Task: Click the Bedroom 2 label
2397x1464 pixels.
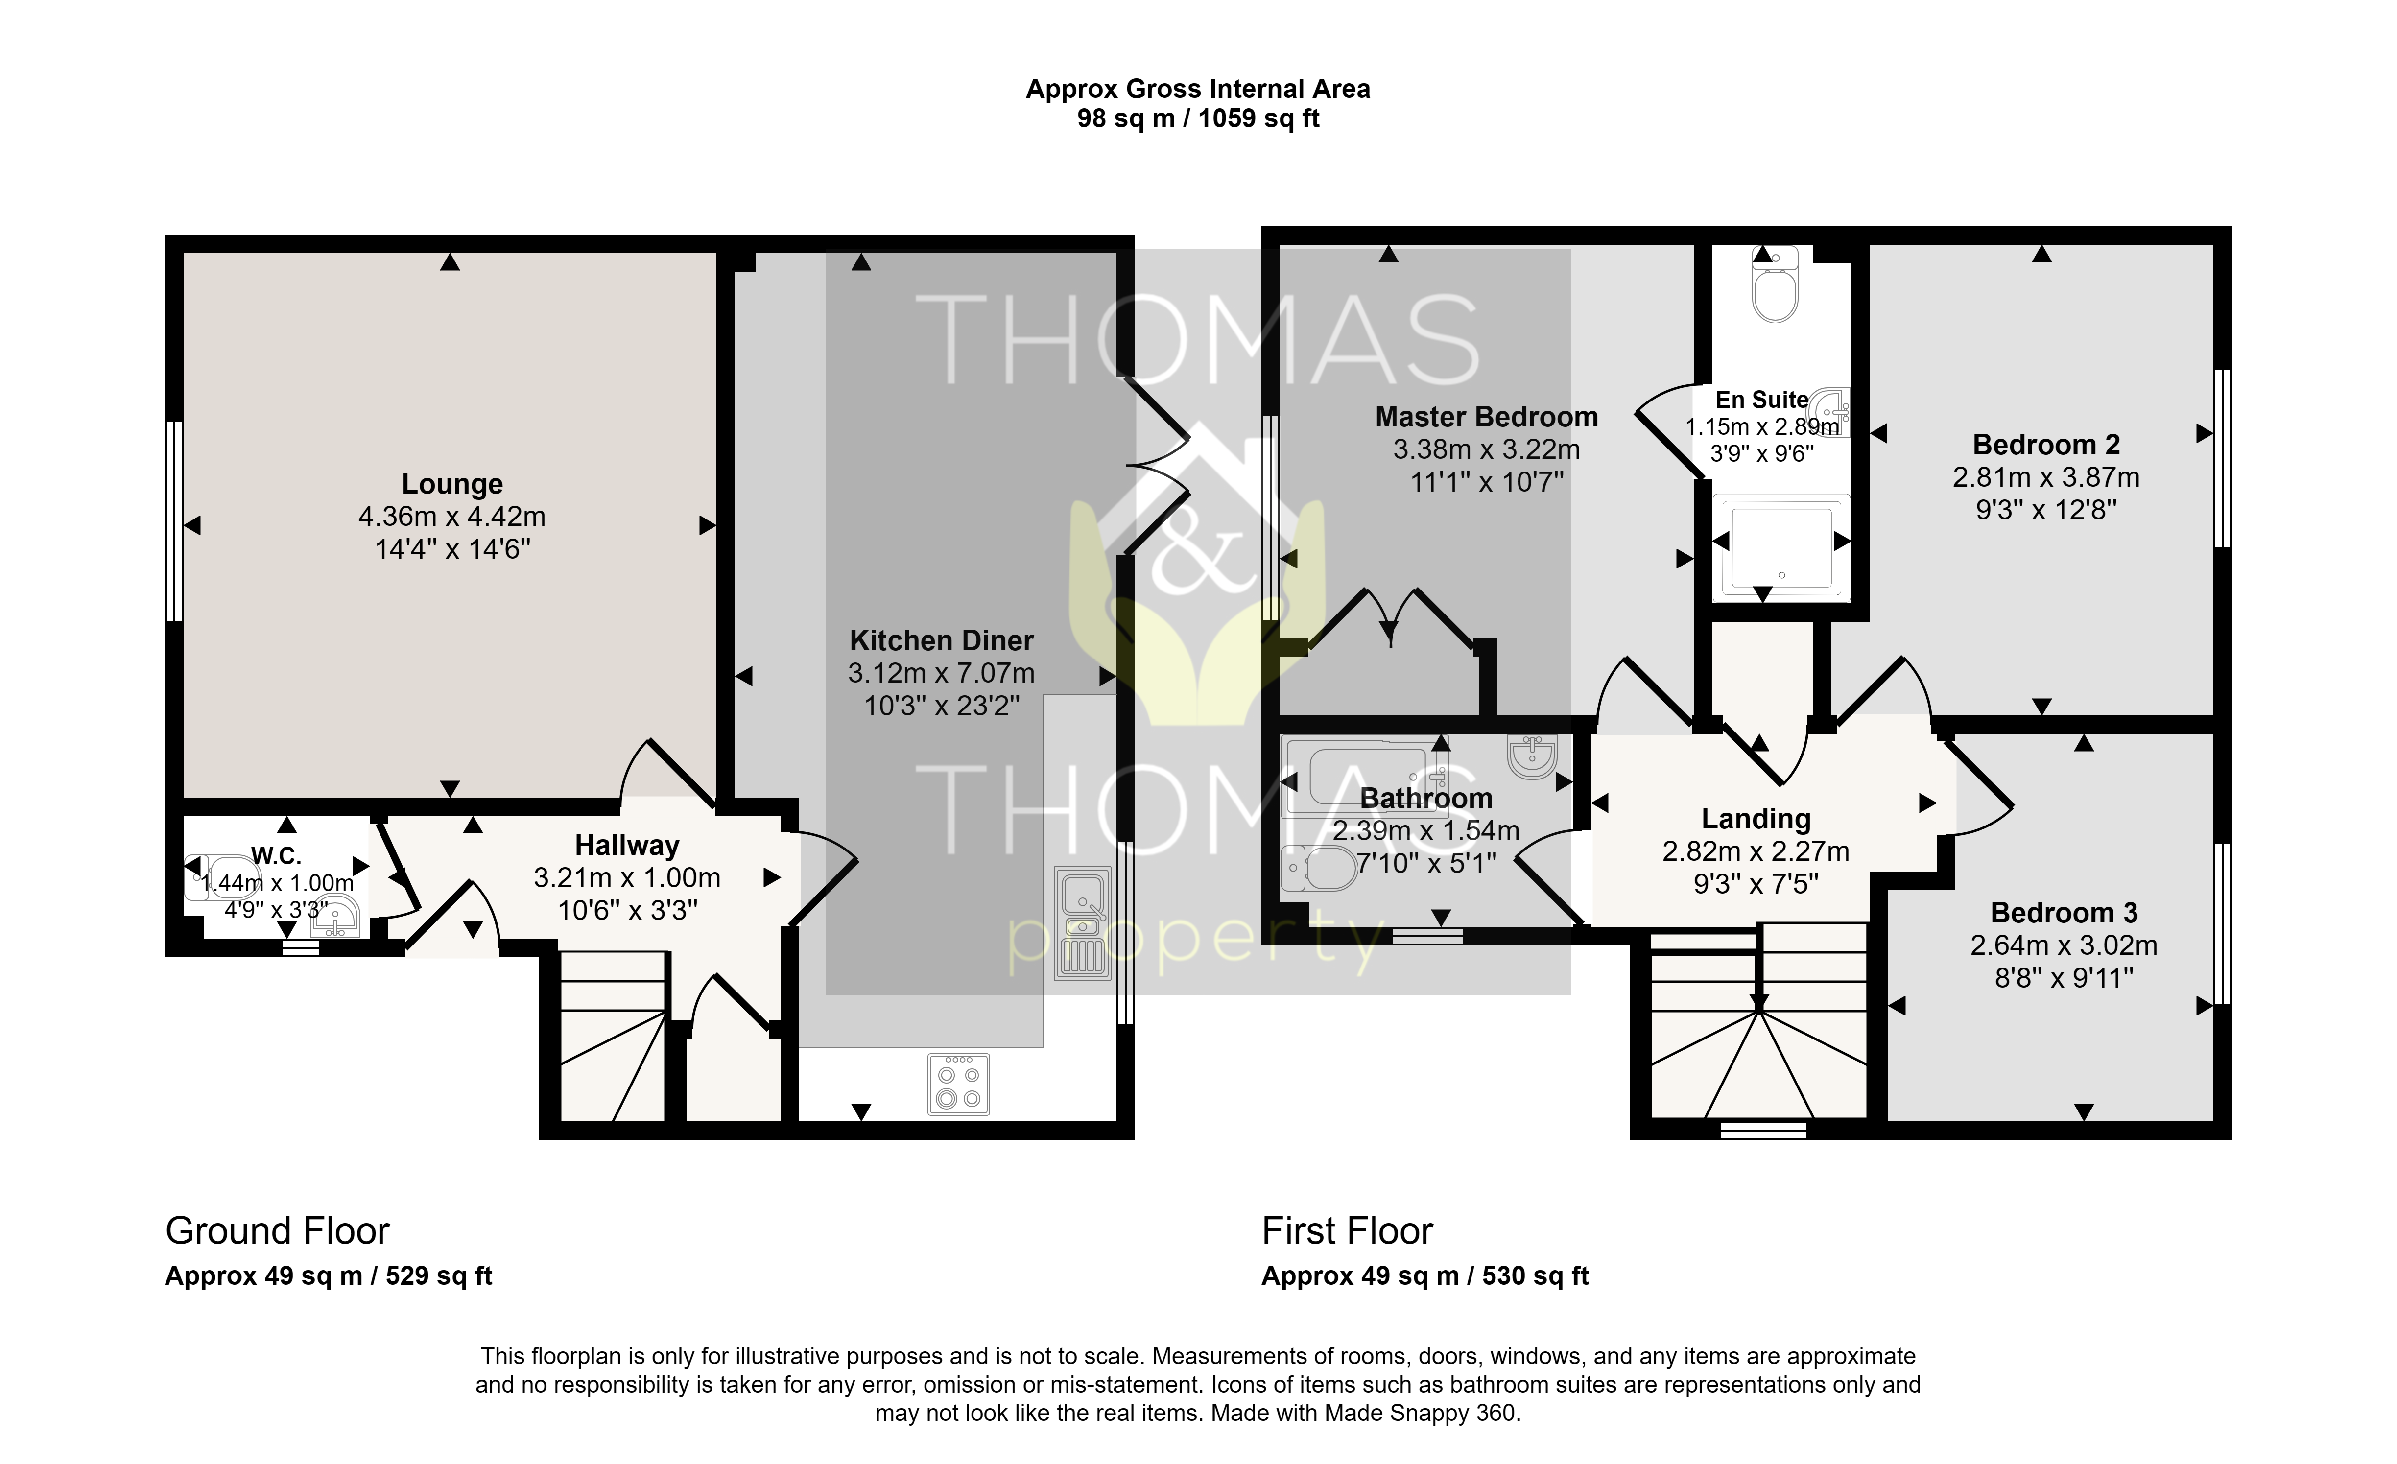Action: [x=2046, y=445]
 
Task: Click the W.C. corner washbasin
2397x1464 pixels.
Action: [x=336, y=916]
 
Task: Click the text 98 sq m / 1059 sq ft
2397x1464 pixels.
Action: [x=1199, y=118]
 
